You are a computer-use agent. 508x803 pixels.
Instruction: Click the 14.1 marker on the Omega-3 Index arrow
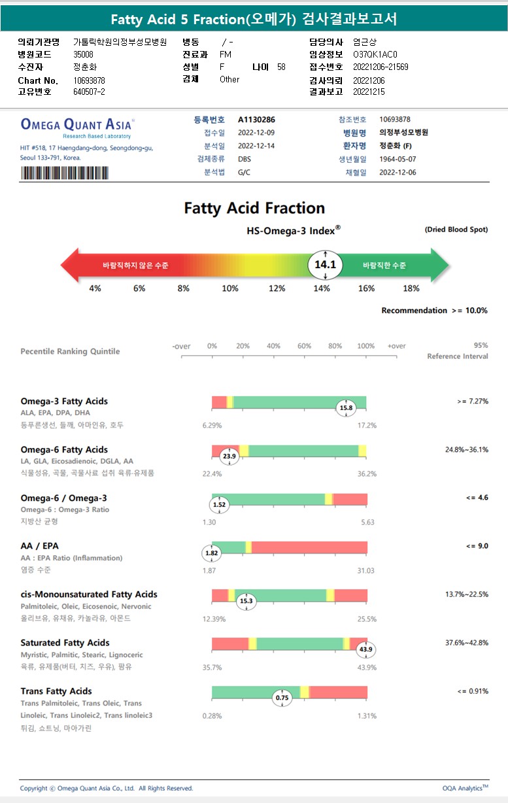325,265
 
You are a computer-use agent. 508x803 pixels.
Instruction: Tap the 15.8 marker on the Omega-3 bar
346,408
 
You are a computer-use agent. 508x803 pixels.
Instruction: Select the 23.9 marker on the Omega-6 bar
229,456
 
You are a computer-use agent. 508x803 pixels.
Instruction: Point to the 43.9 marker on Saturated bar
366,649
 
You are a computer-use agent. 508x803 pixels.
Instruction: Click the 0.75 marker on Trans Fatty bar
282,698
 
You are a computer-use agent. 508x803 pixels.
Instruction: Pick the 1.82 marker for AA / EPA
212,553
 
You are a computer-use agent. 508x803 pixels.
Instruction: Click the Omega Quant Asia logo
78,125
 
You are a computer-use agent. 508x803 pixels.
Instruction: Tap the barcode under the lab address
65,173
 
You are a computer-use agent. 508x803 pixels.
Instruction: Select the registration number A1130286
256,120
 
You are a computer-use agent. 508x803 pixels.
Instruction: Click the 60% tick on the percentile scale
305,347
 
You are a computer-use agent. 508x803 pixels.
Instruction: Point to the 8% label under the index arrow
184,288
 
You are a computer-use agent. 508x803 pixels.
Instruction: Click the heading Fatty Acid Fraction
254,209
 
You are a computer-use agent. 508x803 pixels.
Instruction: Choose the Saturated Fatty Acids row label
65,643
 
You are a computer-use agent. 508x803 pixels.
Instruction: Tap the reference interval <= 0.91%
473,691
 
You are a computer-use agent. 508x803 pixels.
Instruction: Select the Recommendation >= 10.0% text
434,311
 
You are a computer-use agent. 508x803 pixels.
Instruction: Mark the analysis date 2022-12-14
256,146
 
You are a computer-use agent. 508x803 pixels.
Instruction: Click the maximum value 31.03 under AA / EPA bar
365,571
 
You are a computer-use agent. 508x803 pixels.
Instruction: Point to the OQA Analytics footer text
465,788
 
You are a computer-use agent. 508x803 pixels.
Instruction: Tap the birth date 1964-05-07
398,159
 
